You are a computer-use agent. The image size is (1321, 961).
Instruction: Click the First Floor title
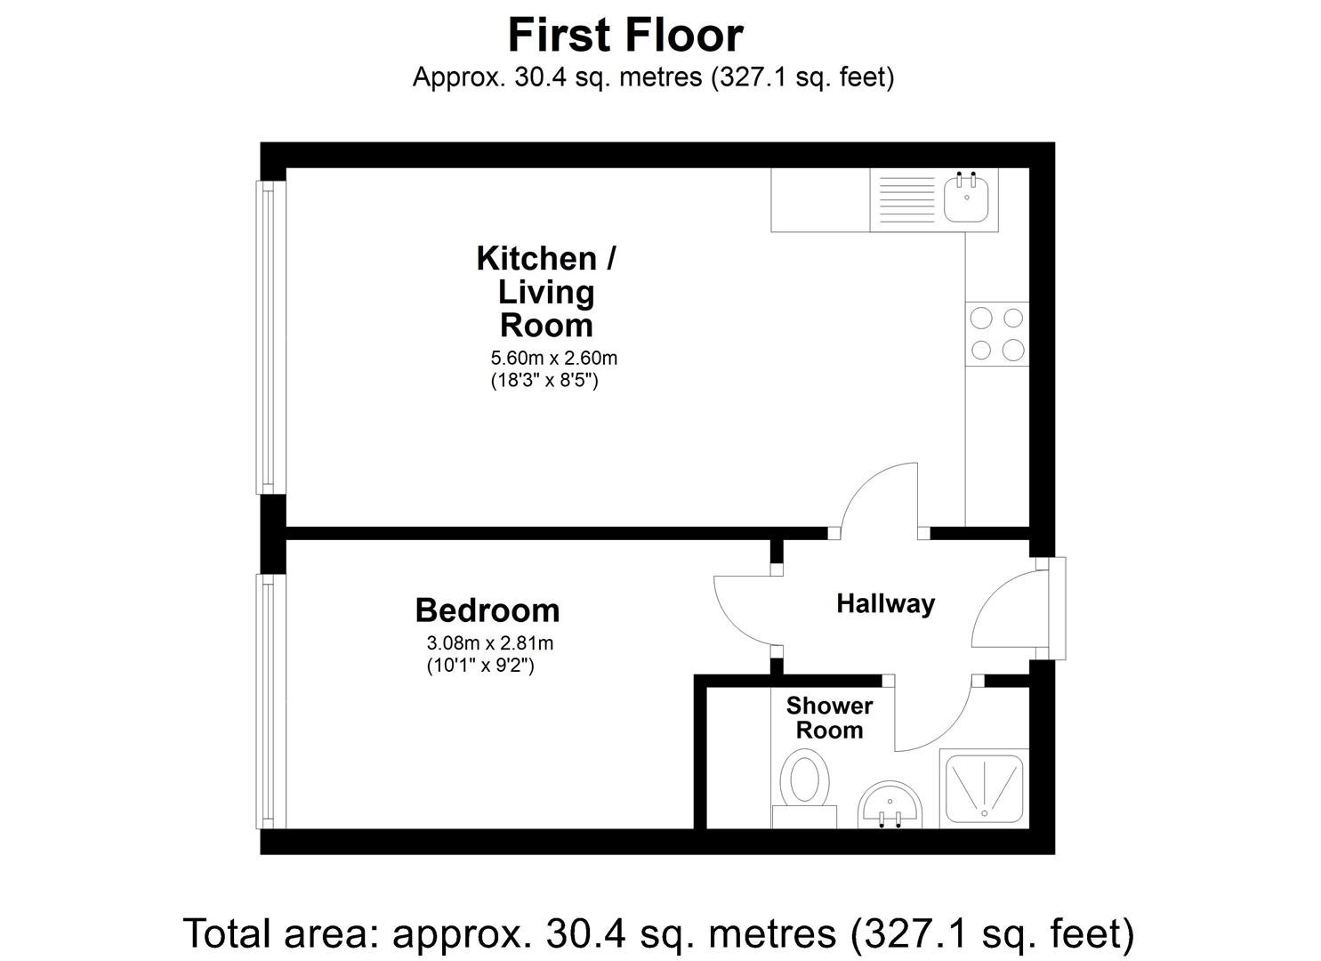point(625,36)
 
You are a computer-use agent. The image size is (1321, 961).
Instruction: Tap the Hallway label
point(885,604)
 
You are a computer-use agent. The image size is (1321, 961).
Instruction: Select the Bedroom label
point(487,610)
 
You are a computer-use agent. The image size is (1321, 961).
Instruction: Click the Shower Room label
point(829,717)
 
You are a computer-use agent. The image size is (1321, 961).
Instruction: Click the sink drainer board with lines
point(906,198)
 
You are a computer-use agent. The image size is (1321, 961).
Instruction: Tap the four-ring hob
point(996,334)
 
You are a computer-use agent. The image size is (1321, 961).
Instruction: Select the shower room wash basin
point(890,804)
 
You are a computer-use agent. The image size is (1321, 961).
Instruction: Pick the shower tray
point(984,789)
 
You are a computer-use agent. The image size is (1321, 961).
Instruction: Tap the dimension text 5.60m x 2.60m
point(554,358)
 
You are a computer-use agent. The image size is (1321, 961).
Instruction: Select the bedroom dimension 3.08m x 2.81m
point(490,643)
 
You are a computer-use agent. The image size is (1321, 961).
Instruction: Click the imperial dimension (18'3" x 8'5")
point(544,381)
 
